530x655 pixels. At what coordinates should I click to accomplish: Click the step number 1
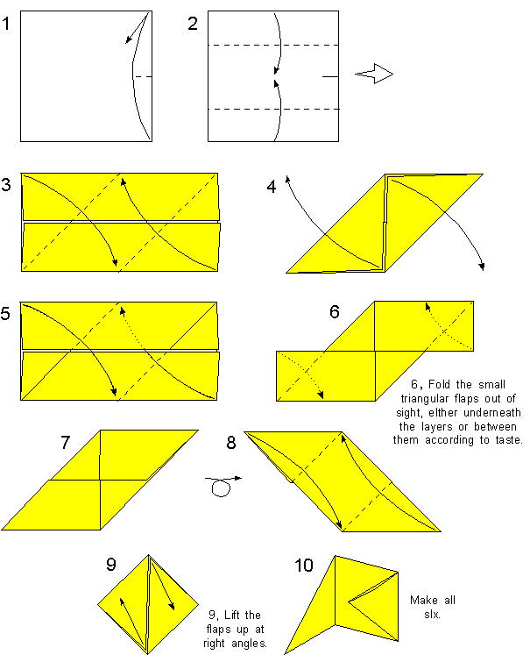[x=7, y=24]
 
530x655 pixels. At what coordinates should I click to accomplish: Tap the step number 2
[x=193, y=24]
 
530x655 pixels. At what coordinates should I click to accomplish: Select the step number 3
[x=7, y=185]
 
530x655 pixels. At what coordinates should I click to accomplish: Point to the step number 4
[x=272, y=185]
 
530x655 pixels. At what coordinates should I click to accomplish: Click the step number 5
[x=7, y=313]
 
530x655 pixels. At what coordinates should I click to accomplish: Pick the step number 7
[x=66, y=442]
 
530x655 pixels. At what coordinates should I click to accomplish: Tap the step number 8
[x=231, y=442]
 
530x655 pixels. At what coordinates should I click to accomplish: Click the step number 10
[x=303, y=566]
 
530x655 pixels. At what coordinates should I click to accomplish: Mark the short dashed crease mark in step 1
[x=143, y=76]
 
